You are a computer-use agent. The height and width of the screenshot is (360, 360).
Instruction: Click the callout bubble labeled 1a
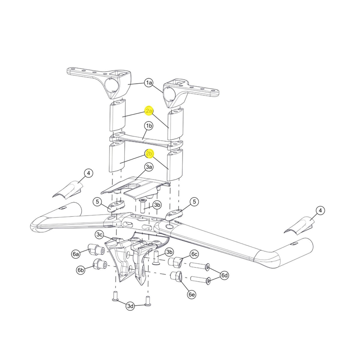tap(149, 83)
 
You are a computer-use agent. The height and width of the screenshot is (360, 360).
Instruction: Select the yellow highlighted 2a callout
tap(149, 111)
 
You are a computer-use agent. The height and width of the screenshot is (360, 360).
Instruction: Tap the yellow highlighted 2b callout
tap(149, 153)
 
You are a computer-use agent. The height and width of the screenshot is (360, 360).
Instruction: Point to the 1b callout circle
tap(149, 126)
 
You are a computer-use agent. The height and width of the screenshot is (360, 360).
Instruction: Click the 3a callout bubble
tap(149, 167)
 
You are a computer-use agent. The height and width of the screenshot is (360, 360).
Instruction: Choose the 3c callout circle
tap(100, 235)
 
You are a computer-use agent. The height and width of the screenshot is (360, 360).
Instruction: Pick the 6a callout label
tap(76, 254)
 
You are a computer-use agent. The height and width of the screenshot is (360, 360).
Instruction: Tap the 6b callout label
tap(80, 270)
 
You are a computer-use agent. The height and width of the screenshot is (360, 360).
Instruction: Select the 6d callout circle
tap(224, 275)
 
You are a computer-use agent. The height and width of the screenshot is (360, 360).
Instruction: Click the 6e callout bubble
tap(192, 294)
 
